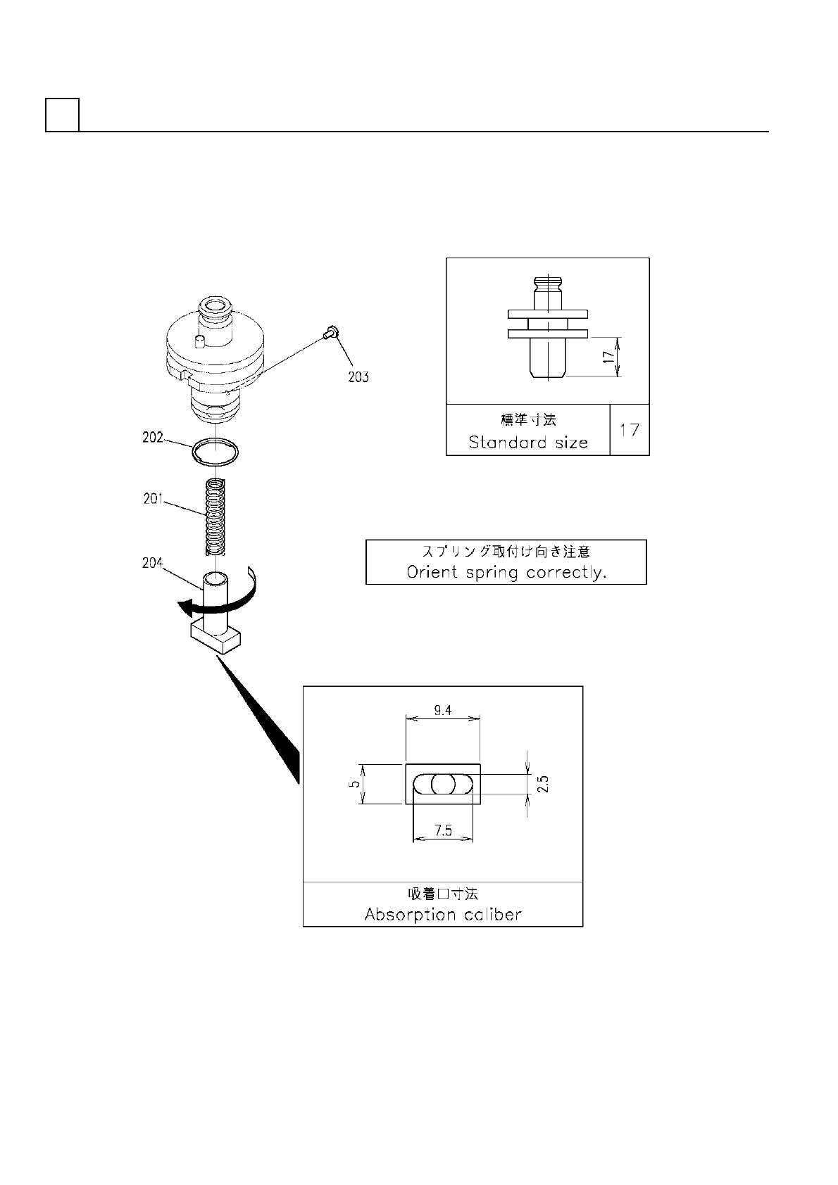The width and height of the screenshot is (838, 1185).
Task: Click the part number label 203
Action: click(x=358, y=376)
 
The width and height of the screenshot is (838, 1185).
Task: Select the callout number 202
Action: click(x=152, y=437)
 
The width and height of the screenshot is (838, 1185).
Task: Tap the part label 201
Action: click(x=152, y=499)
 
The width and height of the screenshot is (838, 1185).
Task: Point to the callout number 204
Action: click(x=152, y=563)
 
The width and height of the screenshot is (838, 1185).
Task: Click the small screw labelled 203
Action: click(x=331, y=331)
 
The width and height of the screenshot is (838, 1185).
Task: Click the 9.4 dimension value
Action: click(x=443, y=711)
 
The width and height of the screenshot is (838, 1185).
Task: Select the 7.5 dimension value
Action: click(x=443, y=831)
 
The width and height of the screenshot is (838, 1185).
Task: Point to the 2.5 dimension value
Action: click(x=542, y=784)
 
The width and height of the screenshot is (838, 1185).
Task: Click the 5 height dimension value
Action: click(x=356, y=783)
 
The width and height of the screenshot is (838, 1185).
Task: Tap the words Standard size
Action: click(x=527, y=442)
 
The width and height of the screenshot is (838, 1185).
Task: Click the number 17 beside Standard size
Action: click(x=629, y=429)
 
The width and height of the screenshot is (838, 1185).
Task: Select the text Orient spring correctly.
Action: click(x=506, y=572)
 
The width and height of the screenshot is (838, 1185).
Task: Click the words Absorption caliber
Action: click(x=443, y=914)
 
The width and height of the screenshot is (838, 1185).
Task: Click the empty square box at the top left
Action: click(x=62, y=115)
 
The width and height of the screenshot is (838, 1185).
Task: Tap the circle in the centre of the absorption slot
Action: click(x=444, y=784)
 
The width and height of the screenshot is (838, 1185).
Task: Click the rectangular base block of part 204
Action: click(x=215, y=639)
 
